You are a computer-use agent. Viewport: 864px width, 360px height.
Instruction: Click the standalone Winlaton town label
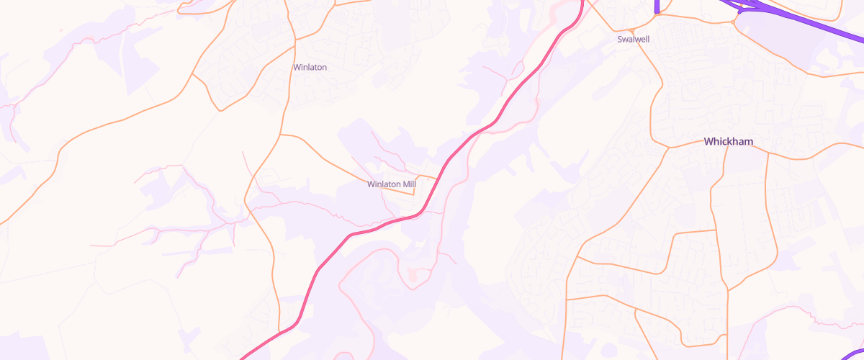coord(310,67)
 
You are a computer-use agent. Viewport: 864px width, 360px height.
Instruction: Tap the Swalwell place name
coord(634,39)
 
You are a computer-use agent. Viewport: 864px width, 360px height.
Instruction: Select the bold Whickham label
coord(729,142)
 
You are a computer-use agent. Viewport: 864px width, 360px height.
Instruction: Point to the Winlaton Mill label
coord(392,184)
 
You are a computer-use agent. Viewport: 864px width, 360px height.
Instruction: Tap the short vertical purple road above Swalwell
coord(657,6)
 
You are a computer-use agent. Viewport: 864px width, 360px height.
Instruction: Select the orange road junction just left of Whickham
coord(669,148)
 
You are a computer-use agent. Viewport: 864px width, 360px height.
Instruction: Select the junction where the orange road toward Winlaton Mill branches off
coord(280,134)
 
